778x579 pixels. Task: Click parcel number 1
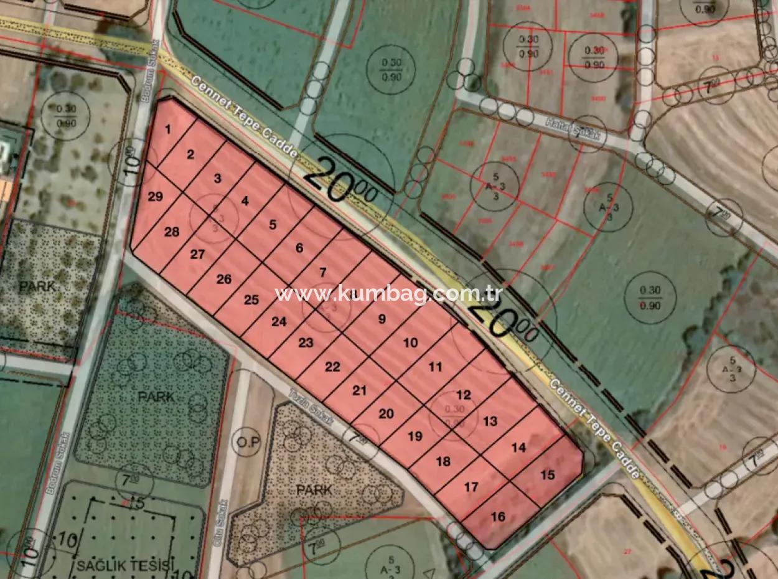(168, 129)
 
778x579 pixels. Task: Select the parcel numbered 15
(547, 475)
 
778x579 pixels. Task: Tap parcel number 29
(156, 197)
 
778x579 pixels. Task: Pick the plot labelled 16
(498, 516)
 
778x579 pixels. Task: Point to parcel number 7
(322, 272)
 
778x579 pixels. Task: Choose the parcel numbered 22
(332, 367)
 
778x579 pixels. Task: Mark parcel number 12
(463, 395)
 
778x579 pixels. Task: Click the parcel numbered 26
(224, 280)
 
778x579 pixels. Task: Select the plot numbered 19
(415, 436)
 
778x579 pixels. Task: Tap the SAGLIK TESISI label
(124, 566)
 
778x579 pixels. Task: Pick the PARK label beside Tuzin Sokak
(314, 490)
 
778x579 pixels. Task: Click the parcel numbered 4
(245, 201)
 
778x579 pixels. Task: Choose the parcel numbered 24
(279, 322)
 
